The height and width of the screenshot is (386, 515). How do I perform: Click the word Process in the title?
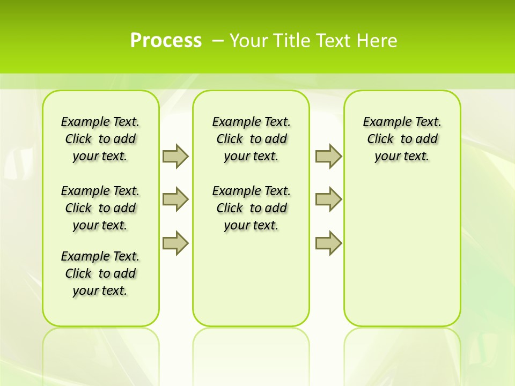coord(166,40)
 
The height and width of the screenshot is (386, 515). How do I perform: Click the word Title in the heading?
coord(293,41)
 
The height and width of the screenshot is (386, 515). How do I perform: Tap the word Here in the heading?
coord(378,41)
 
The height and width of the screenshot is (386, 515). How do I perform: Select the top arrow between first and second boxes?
coord(175,156)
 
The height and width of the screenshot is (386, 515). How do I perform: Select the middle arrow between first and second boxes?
coord(175,199)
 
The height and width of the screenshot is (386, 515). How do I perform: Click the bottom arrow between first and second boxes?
coord(175,243)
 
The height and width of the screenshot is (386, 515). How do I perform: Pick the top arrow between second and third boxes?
coord(328,156)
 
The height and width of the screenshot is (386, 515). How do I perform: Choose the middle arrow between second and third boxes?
coord(328,199)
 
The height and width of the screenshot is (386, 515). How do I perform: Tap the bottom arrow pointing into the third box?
coord(328,243)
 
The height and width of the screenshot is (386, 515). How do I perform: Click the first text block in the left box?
coord(100,139)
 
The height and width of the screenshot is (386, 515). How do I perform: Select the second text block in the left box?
coord(100,208)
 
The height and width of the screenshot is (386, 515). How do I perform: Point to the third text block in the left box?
coord(100,273)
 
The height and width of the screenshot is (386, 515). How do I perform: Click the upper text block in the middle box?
coord(251,139)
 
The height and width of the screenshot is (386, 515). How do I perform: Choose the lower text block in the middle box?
coord(251,208)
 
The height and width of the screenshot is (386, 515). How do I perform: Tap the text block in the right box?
coord(402,139)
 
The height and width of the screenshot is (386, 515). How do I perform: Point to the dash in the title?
coord(218,41)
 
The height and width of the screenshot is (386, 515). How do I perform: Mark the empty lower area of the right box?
coord(402,247)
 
